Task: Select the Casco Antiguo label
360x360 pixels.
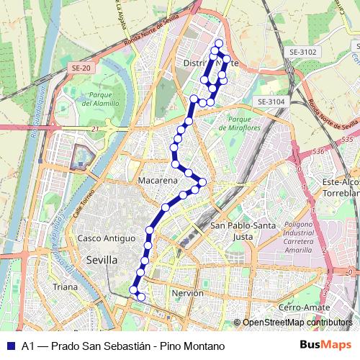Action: [107, 238]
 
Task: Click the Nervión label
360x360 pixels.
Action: [189, 293]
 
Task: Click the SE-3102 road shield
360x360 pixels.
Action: [302, 52]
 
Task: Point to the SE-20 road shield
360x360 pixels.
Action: [80, 67]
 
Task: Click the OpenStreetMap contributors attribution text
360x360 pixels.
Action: [297, 323]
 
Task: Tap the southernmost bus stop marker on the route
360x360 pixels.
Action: [141, 297]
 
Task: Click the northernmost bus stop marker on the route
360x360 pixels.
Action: [218, 43]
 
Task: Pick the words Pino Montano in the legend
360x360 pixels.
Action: [192, 346]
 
